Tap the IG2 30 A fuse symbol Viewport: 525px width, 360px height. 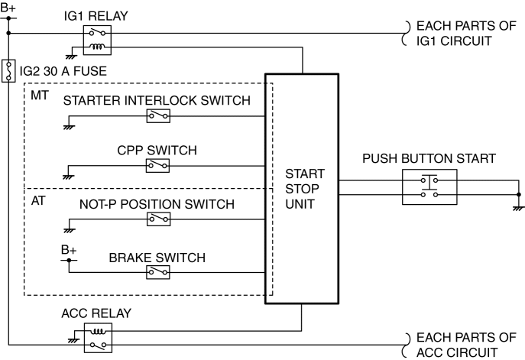pyautogui.click(x=8, y=72)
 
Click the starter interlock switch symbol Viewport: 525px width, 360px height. pyautogui.click(x=158, y=115)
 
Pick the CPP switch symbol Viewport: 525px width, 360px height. pyautogui.click(x=158, y=165)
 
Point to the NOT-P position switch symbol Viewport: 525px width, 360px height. pyautogui.click(x=158, y=219)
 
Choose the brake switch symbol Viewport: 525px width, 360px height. pyautogui.click(x=158, y=271)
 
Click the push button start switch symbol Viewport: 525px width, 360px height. pyautogui.click(x=429, y=187)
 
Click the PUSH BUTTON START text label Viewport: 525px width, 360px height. pyautogui.click(x=429, y=159)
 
